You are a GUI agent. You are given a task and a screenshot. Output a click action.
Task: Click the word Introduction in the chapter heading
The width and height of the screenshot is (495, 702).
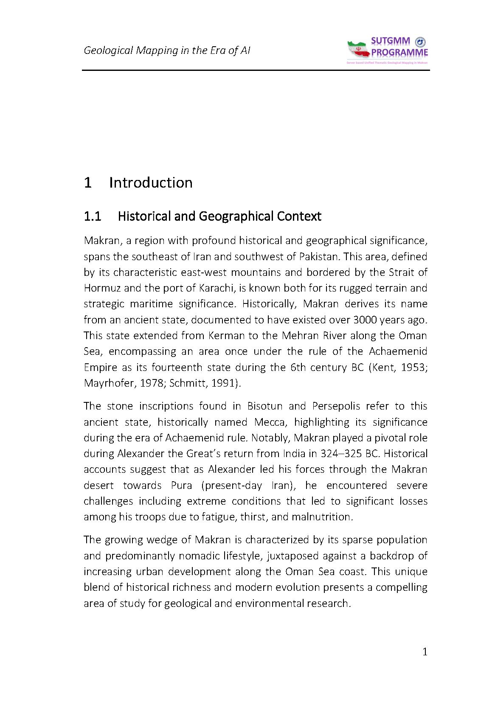click(151, 183)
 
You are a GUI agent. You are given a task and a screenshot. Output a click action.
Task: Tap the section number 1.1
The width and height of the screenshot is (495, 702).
click(92, 216)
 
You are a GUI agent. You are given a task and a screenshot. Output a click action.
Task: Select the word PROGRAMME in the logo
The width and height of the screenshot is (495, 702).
click(399, 53)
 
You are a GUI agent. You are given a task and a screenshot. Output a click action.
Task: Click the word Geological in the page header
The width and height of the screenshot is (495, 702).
click(108, 51)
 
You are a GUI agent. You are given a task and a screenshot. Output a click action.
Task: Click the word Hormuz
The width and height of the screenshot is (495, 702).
click(102, 288)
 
